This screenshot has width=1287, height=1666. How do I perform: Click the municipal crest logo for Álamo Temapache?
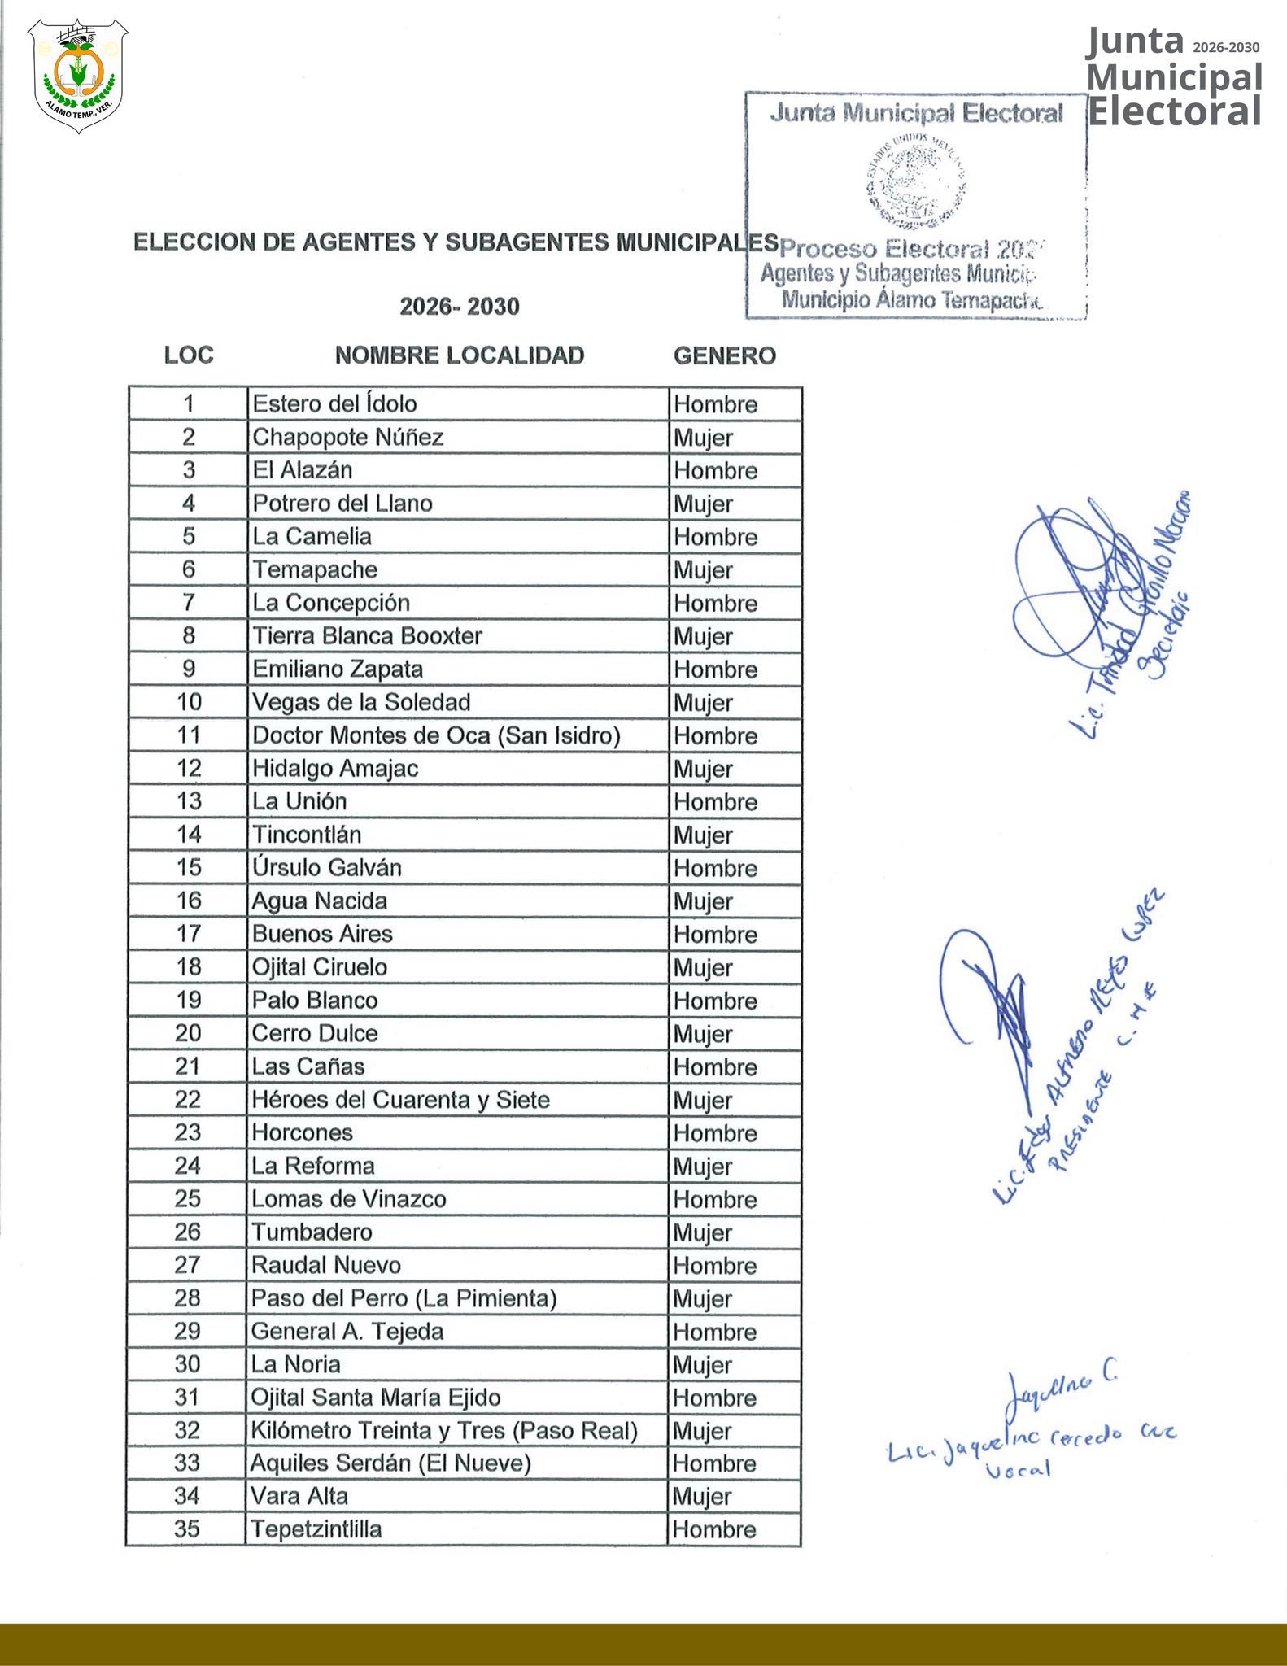click(78, 76)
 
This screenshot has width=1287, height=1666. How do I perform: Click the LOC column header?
click(189, 355)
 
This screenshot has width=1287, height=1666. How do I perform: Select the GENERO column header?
click(724, 355)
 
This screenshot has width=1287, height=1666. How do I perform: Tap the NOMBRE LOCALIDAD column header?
click(460, 355)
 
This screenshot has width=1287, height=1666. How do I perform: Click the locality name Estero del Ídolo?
click(334, 404)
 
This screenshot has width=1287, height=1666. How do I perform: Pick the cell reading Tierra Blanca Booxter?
click(367, 636)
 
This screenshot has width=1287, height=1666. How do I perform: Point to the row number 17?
click(189, 934)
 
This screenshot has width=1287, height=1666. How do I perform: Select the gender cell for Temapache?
click(703, 570)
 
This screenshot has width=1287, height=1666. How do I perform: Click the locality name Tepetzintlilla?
click(316, 1529)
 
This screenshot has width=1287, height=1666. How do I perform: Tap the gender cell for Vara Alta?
click(702, 1497)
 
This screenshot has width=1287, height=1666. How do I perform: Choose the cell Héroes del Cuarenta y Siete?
click(400, 1100)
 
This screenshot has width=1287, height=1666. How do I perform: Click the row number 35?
click(187, 1529)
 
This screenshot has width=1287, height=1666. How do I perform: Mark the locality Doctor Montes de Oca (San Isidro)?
click(436, 735)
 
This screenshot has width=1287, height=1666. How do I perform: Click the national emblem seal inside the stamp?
click(916, 180)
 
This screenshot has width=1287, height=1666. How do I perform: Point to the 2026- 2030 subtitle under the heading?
click(460, 307)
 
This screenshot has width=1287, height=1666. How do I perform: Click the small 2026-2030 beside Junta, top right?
click(1226, 48)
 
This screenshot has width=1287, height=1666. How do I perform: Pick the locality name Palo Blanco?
click(315, 1001)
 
